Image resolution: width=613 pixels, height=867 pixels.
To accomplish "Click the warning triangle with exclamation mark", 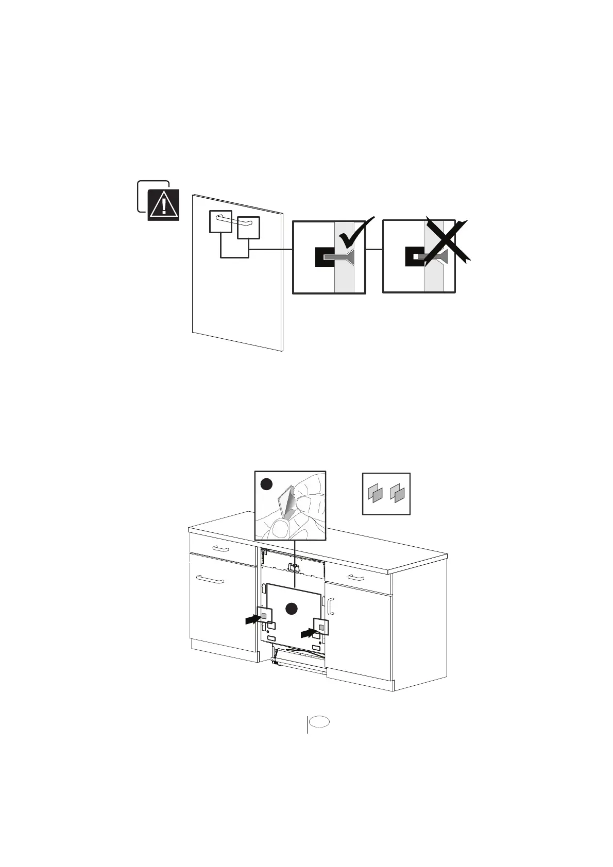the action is point(164,205).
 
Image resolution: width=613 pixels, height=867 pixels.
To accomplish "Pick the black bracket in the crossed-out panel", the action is point(414,256).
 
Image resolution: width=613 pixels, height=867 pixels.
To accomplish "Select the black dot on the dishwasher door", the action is point(292,608).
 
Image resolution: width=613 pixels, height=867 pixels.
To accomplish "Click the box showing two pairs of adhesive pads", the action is point(386,494).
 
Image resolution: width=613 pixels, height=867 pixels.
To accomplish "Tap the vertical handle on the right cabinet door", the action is point(331,606).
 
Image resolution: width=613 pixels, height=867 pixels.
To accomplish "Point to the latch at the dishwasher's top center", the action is point(294,567).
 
